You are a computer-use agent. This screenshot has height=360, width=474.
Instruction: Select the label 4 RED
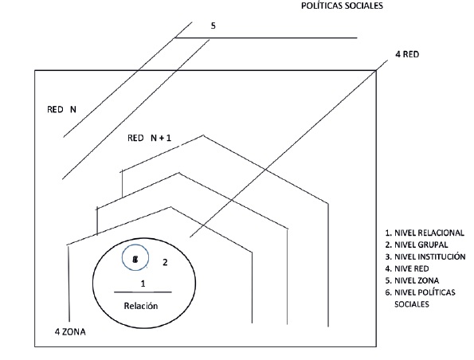point(407,56)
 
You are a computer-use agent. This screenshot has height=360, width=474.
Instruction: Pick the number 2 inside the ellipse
point(165,261)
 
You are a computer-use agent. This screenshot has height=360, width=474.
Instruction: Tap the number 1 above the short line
point(143,283)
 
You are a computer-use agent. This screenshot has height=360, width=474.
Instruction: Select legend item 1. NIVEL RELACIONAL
point(423,233)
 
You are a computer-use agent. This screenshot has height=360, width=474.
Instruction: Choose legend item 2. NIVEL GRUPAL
point(416,245)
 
